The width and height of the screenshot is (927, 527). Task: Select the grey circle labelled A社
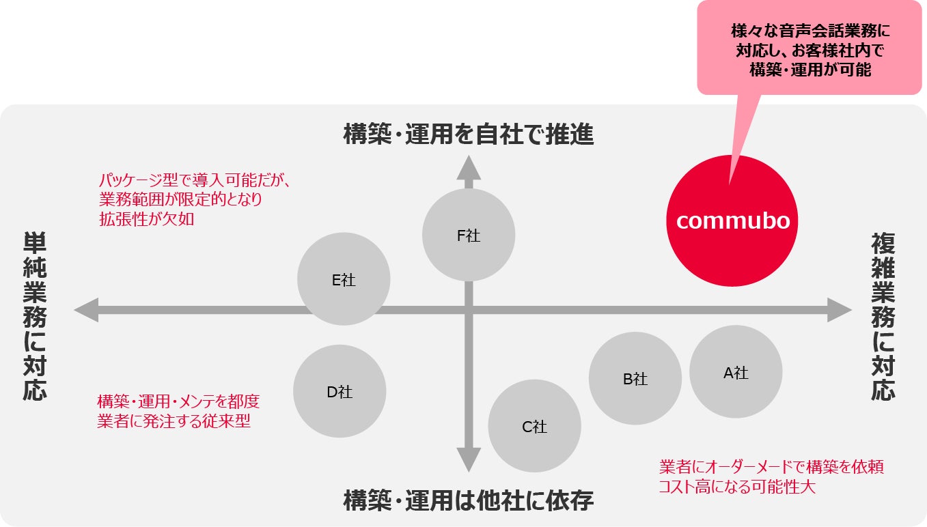tap(736, 371)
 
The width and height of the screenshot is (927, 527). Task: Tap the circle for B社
tap(635, 378)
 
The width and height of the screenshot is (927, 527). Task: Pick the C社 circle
tap(535, 426)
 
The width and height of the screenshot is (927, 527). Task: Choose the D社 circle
tap(340, 391)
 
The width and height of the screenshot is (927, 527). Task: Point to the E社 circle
tap(344, 279)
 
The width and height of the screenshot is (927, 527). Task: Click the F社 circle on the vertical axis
tap(469, 236)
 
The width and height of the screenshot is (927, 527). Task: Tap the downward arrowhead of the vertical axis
tap(469, 461)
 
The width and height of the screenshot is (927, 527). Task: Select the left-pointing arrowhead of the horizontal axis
tap(86, 309)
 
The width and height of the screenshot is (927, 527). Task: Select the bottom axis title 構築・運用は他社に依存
tap(469, 501)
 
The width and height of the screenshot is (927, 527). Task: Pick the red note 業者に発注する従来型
tap(174, 421)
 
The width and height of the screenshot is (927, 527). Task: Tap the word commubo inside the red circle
tap(733, 220)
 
